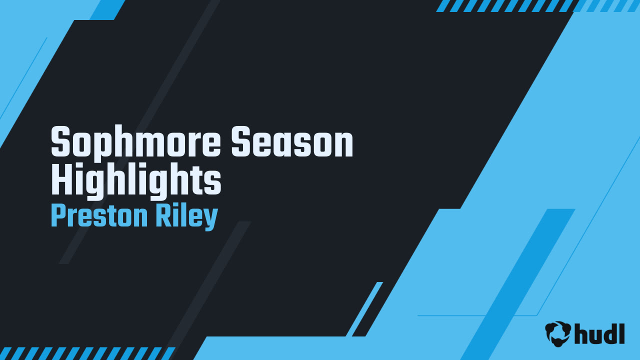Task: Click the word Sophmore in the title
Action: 135,142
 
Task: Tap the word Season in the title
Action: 292,141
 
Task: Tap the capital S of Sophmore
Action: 60,141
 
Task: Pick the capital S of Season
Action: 241,141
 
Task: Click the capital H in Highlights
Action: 61,178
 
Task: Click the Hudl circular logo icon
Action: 557,333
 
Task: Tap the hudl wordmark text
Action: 599,333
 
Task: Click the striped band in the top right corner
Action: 537,5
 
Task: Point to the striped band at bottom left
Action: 87,353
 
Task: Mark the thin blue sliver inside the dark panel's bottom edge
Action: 364,309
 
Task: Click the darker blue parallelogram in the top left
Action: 107,10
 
